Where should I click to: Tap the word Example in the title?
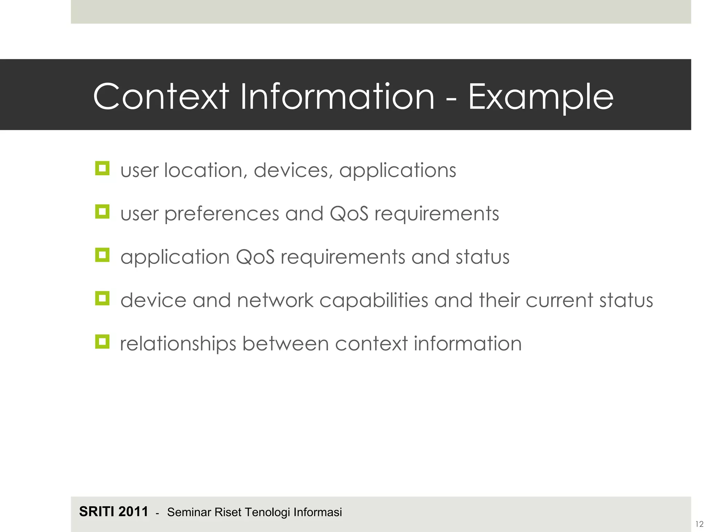coord(541,97)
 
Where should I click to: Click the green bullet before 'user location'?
coord(102,169)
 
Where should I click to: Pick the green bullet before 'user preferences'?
coord(102,212)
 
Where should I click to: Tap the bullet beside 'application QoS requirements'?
coord(102,255)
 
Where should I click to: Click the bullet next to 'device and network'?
coord(102,298)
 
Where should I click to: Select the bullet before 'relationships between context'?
coord(102,342)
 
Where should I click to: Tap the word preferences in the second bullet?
coord(222,214)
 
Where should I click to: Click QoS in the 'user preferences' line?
coord(349,214)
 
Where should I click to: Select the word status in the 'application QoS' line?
coord(483,257)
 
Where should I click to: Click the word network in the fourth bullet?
coord(275,300)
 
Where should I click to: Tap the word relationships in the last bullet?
coord(178,344)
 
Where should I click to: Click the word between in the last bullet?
coord(285,344)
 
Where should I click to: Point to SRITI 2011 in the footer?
coord(114,512)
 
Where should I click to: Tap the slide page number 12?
coord(699,524)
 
